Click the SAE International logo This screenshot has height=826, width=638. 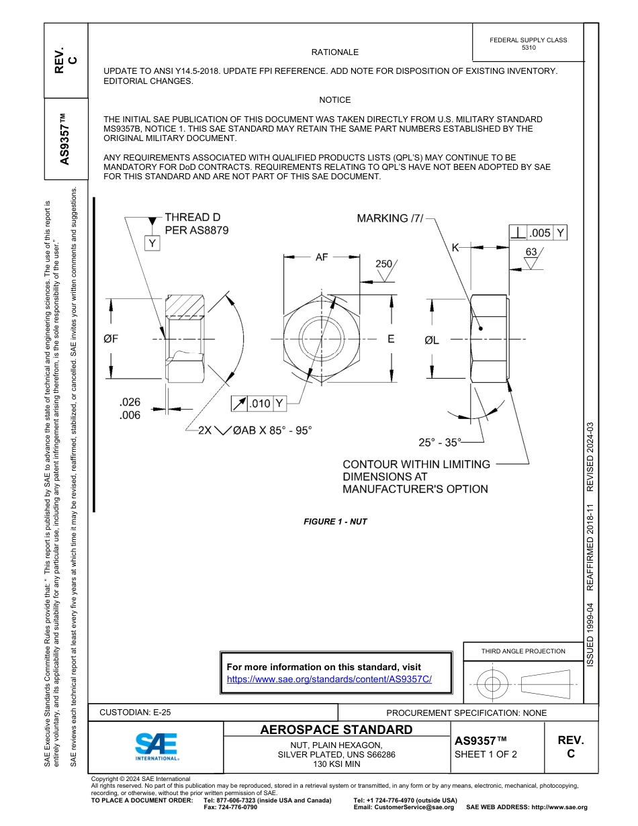[157, 746]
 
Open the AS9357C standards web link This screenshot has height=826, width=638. [329, 679]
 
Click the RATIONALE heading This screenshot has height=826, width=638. [334, 52]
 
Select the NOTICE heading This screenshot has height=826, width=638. [334, 100]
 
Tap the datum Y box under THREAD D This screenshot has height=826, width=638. [153, 243]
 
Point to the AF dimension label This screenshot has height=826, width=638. [322, 257]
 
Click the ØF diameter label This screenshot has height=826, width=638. [111, 339]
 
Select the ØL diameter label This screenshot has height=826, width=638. [431, 340]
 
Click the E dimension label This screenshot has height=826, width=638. [391, 339]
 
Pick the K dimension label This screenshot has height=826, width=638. [455, 248]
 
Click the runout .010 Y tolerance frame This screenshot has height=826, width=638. [259, 404]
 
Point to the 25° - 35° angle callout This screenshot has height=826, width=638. [440, 443]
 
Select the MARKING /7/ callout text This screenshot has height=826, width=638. [390, 218]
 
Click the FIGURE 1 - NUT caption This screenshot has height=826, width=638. [335, 522]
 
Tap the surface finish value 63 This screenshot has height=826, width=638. [532, 253]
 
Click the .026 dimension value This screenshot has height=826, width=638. [130, 402]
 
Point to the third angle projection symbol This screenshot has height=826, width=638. [522, 684]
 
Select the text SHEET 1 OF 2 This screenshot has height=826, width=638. [486, 754]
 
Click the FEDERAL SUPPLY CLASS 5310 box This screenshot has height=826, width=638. [528, 44]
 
